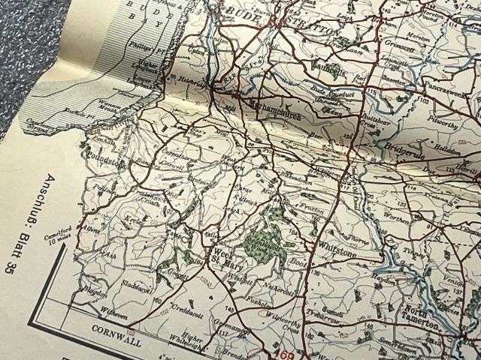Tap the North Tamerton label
point(422,316)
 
